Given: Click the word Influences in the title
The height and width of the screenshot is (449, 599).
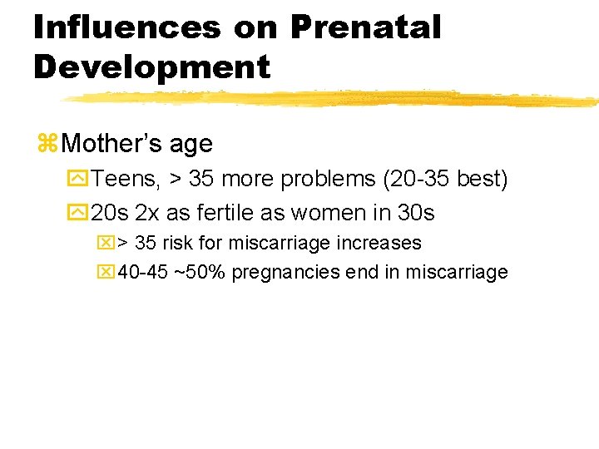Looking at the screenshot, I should point(126,27).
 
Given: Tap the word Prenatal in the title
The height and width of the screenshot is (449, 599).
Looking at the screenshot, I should point(365,27).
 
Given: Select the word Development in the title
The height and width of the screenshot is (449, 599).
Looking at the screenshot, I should point(151,67).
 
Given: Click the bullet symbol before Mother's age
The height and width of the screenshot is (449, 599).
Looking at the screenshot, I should point(47,144).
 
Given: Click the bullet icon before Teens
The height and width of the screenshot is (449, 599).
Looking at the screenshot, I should point(80,179).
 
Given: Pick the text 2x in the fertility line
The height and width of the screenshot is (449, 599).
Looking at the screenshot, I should point(146,213).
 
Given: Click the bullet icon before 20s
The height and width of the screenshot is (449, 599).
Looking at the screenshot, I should point(80,213).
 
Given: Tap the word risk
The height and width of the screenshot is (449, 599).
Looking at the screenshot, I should point(177,244).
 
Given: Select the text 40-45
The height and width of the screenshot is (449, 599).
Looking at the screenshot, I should point(142,273).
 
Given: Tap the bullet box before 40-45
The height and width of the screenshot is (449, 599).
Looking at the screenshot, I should point(107,273).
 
